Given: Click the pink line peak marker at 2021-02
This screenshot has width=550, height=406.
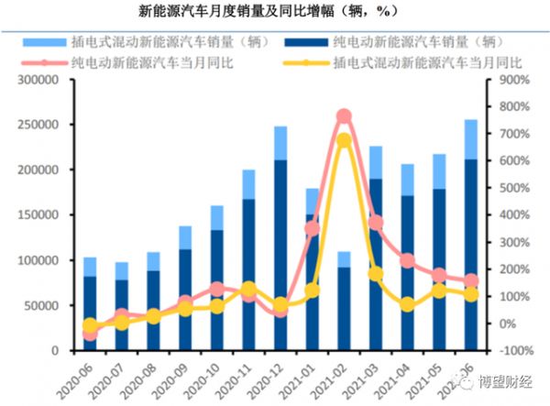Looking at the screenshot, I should click(344, 116).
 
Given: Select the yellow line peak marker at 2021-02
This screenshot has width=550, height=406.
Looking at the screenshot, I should click(344, 140).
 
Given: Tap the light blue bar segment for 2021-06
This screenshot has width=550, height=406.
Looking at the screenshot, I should click(470, 139).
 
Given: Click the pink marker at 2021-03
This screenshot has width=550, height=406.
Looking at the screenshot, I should click(375, 223).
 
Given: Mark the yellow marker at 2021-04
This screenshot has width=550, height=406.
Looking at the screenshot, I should click(407, 304).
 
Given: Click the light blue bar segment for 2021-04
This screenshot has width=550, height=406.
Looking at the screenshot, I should click(407, 180).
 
